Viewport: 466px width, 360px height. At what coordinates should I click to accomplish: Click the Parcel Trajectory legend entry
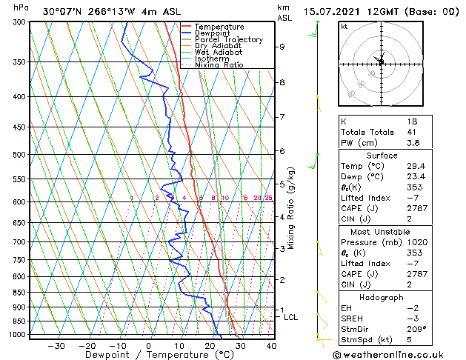coord(228,39)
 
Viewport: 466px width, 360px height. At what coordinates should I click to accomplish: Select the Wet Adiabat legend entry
coord(219,52)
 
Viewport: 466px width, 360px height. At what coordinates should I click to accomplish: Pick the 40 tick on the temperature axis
coord(270,346)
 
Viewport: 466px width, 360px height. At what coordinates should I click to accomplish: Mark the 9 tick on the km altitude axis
coord(282,47)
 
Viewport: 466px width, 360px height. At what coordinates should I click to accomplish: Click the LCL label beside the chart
coord(291,317)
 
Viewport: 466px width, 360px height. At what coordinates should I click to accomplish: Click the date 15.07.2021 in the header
coord(344,11)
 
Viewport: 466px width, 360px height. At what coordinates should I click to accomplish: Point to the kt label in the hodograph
coord(344,26)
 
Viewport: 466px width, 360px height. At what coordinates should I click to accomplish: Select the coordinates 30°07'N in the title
coord(61,11)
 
